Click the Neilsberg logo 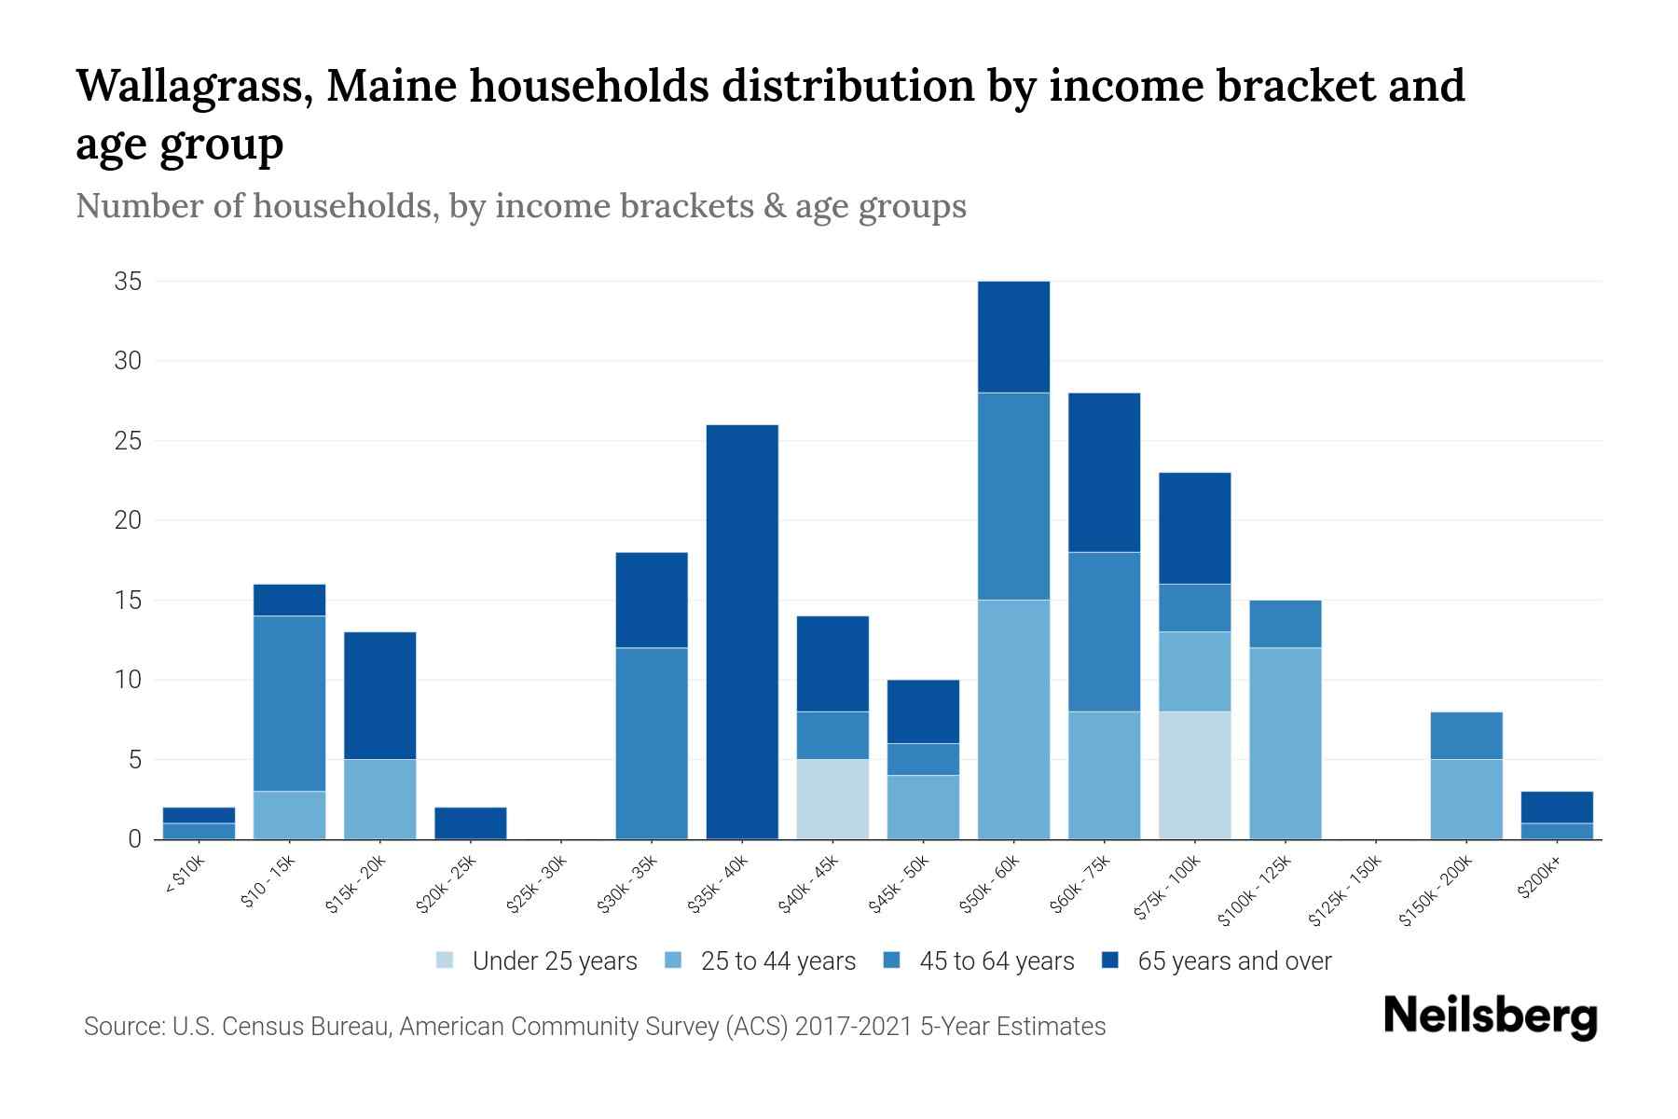tap(1490, 1016)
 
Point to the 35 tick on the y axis tap(128, 282)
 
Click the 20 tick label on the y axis tap(128, 520)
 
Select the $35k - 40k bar tap(742, 632)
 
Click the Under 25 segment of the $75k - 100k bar tap(1194, 776)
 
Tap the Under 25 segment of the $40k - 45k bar tap(832, 799)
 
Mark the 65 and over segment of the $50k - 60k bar tap(1013, 338)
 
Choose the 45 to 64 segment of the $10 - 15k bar tap(290, 704)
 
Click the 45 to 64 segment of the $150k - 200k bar tap(1465, 736)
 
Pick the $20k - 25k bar tap(471, 823)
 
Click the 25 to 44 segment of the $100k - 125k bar tap(1285, 743)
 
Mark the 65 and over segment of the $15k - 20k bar tap(380, 696)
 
